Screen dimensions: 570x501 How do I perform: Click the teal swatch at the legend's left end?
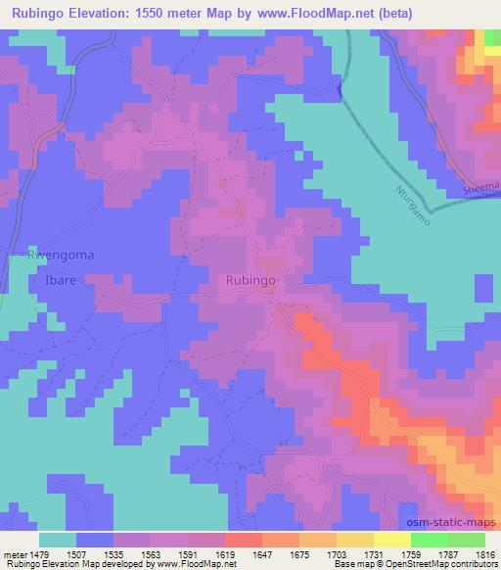(x=59, y=540)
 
